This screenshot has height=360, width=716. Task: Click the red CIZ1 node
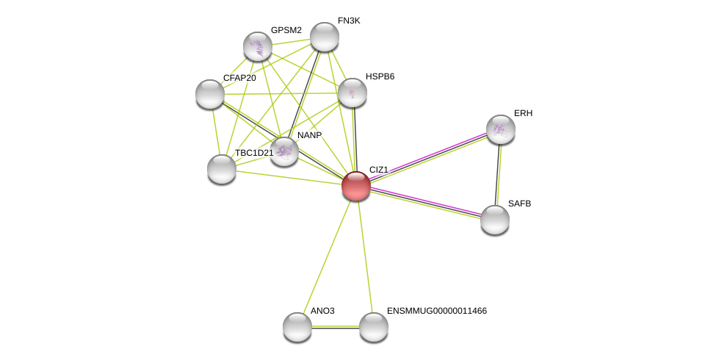click(356, 186)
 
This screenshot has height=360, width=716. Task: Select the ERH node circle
click(500, 129)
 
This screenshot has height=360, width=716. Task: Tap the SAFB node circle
click(494, 219)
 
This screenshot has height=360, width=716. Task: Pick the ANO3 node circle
click(297, 327)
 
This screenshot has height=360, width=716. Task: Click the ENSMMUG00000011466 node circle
click(373, 327)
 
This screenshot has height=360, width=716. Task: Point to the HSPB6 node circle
click(352, 93)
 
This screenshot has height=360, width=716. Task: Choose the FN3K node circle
click(324, 37)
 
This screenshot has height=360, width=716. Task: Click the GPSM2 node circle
click(258, 46)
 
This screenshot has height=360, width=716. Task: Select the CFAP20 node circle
click(210, 94)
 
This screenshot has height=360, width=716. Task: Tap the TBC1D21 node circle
click(221, 169)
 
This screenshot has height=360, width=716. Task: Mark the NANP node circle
click(284, 151)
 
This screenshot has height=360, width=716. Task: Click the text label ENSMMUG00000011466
click(436, 311)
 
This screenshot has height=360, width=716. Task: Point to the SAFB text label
click(519, 204)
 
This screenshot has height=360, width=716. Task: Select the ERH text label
click(523, 113)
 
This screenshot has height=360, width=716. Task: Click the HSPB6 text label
click(380, 76)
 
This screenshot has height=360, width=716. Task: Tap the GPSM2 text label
click(286, 30)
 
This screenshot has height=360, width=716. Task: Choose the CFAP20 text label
click(239, 78)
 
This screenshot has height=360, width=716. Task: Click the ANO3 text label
click(322, 311)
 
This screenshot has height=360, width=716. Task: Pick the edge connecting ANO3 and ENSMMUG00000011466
click(336, 327)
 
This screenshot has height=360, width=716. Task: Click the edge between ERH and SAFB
click(498, 174)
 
